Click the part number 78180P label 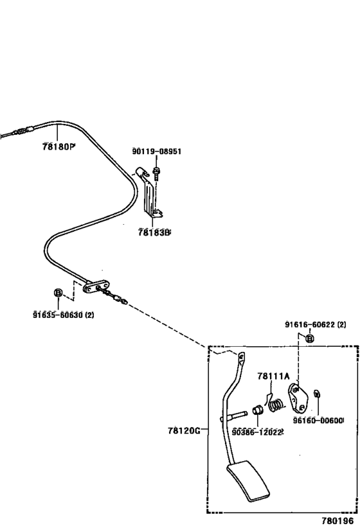click(59, 146)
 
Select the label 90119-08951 click(156, 152)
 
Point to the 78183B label click(154, 232)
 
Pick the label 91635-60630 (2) click(64, 315)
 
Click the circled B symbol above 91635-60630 click(58, 292)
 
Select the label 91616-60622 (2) click(316, 324)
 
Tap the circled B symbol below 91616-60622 click(310, 338)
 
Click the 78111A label click(273, 376)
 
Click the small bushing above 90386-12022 click(257, 410)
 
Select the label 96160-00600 click(318, 420)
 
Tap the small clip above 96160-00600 click(316, 394)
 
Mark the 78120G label click(184, 430)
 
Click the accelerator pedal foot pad click(249, 481)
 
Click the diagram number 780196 click(337, 521)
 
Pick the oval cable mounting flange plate click(96, 286)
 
